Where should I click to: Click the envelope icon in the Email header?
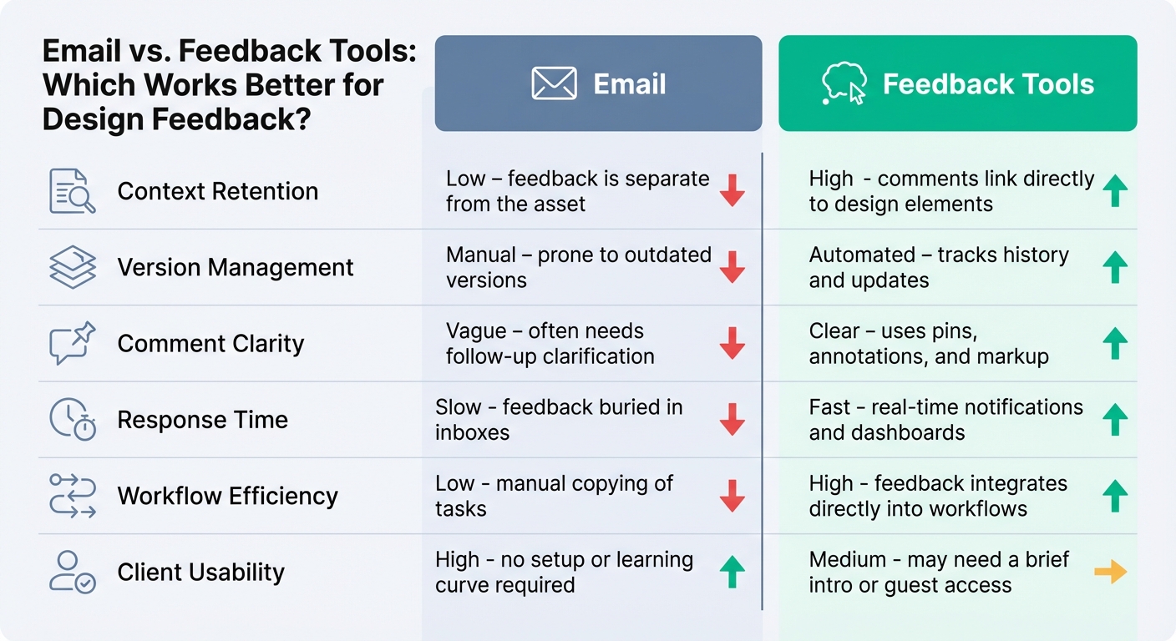coord(554,83)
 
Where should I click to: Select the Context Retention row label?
coord(217,191)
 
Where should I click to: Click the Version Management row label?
coord(235,267)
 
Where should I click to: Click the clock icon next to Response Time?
coord(73,419)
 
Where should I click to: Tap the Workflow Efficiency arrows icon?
coord(73,496)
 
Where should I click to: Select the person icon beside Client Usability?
coord(73,572)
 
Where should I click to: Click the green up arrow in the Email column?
coord(732,572)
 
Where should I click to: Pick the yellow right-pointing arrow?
coord(1110,572)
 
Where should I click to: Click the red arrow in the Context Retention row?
coord(732,191)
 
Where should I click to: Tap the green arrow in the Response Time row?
coord(1114,419)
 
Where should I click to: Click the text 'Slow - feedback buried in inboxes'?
coord(558,419)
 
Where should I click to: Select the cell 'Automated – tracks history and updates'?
coord(938,267)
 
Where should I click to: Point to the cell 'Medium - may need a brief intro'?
coord(938,572)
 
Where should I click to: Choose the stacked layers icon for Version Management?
coord(73,267)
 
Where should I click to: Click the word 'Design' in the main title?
coord(93,119)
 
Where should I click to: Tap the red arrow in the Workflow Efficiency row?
coord(732,496)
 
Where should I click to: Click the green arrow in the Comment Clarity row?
coord(1114,343)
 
